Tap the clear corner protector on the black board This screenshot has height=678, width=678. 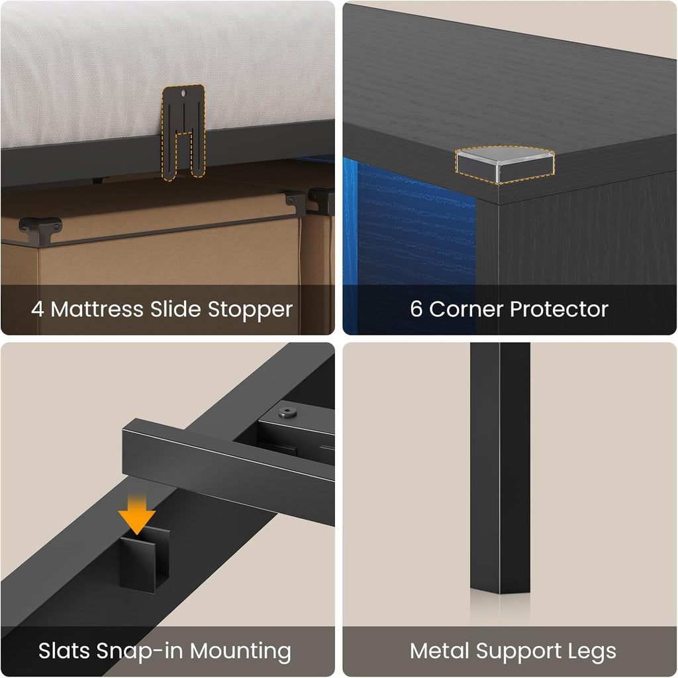point(505,164)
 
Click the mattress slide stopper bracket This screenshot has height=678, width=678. point(183,132)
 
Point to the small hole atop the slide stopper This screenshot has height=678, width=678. point(184,93)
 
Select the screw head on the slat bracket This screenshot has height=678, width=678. point(287,412)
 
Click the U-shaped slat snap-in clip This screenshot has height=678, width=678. point(144,559)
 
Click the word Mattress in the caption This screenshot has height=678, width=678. point(97,309)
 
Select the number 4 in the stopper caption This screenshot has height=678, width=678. point(38,310)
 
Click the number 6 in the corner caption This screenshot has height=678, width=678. point(416,309)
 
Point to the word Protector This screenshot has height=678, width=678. point(559,310)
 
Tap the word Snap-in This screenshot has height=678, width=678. point(140,651)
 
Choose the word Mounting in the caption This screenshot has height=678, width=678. point(240,651)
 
